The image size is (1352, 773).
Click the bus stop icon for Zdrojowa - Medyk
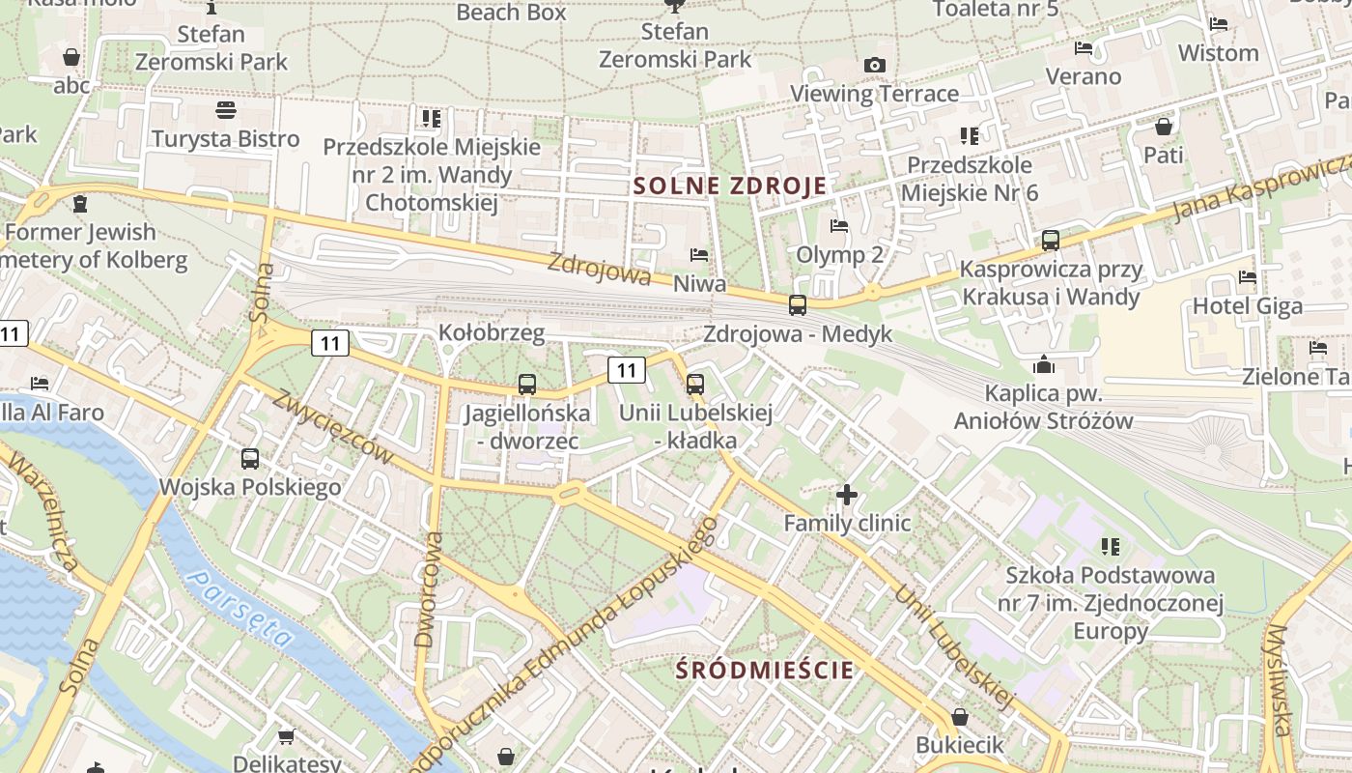pos(798,305)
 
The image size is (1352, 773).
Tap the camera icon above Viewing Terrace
pos(875,65)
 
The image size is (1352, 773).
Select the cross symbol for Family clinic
pos(847,495)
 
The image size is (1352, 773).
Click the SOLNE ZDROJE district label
pos(730,186)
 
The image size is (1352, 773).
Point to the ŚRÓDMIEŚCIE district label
pos(765,670)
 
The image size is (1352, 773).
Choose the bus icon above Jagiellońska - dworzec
pos(526,385)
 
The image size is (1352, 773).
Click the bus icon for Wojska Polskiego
pos(250,459)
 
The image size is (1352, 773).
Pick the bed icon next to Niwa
pos(699,255)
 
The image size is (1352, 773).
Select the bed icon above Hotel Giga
pos(1248,277)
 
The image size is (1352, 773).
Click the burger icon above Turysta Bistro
pos(226,110)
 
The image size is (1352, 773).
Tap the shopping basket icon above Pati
pos(1164,126)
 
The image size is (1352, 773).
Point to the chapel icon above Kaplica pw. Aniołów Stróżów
pos(1043,364)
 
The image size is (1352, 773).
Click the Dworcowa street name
pos(428,588)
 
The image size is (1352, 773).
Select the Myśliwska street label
pos(1280,680)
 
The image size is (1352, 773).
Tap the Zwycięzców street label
pos(333,426)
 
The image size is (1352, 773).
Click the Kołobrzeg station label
pos(492,332)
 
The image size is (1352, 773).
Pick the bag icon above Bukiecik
pos(959,717)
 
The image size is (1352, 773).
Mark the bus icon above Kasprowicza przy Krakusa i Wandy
pos(1051,241)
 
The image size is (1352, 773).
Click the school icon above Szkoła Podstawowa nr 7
pos(1111,547)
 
